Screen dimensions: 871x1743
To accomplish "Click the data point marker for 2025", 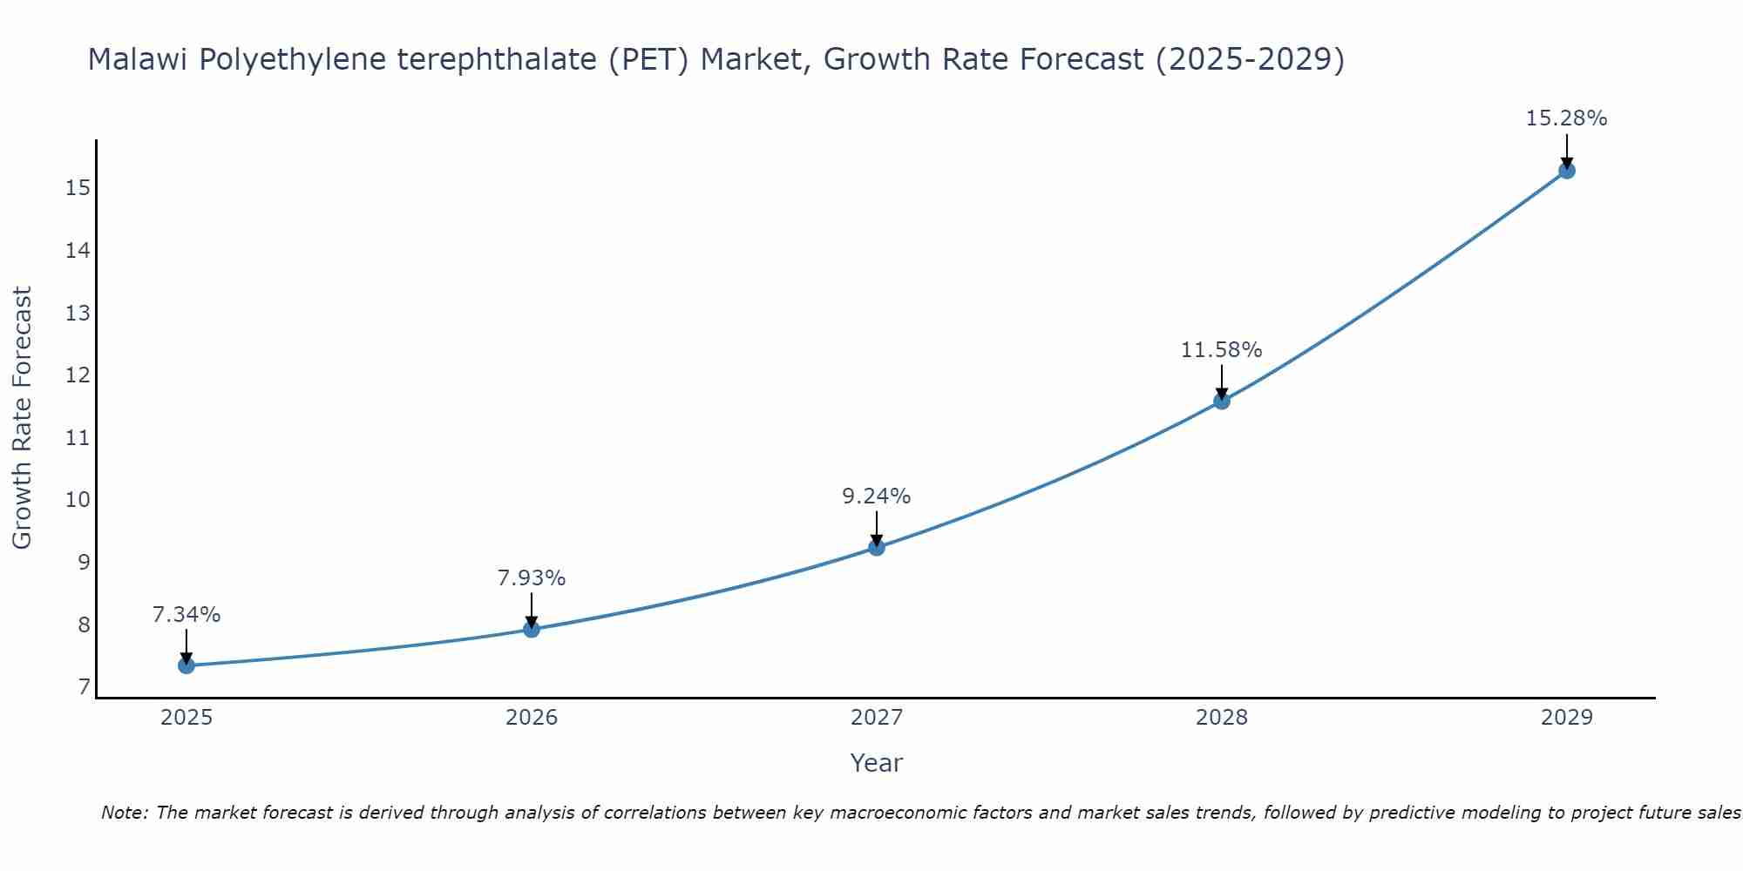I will pos(187,665).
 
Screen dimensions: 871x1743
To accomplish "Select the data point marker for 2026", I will pos(532,629).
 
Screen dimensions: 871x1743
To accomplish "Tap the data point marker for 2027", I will pos(877,547).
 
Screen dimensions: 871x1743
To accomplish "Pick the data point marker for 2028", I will pos(1222,401).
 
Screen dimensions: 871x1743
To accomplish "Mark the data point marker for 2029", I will pos(1567,171).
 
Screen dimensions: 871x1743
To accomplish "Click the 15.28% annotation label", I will pos(1566,118).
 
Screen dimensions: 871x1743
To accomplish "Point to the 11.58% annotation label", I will pos(1221,350).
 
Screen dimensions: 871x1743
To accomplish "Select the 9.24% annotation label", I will pos(876,496).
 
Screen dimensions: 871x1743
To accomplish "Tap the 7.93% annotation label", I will pos(532,578).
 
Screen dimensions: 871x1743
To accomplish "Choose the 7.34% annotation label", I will pos(187,615).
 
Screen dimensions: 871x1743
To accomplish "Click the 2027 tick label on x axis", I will pos(877,718).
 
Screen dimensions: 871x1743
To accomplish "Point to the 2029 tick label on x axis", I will pos(1567,718).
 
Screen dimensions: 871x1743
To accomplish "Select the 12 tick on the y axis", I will pos(78,375).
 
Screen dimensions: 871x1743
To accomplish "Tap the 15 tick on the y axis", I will pos(78,188).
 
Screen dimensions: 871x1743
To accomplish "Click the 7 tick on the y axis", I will pos(84,687).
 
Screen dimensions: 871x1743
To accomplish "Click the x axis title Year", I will pos(876,763).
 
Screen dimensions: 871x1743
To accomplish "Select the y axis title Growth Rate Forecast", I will pos(22,418).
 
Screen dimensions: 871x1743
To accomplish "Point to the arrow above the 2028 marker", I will pos(1222,381).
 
